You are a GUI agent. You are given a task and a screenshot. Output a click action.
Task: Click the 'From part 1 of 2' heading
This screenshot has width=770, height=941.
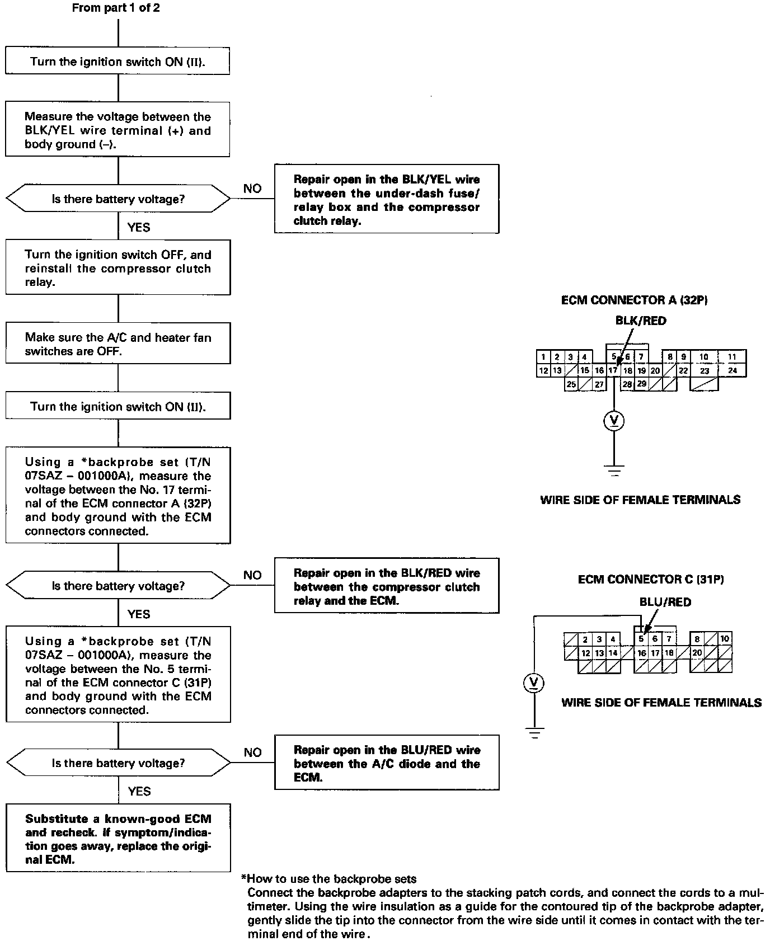(116, 8)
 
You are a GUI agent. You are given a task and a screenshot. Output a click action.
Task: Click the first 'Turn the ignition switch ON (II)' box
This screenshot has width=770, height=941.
(118, 61)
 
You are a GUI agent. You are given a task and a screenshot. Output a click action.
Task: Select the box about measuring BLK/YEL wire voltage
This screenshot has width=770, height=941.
(118, 130)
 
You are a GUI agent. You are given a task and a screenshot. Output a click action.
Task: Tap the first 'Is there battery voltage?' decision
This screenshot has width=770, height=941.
(118, 199)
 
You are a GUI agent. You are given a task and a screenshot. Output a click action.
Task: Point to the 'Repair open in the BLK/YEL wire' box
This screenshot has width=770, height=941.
(386, 199)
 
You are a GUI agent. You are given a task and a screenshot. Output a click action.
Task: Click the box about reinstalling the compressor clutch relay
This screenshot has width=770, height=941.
(118, 268)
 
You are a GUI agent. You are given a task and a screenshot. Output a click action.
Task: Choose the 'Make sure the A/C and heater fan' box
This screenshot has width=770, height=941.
(118, 344)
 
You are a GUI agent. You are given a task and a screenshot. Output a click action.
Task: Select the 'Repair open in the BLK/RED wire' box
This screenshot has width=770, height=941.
(386, 586)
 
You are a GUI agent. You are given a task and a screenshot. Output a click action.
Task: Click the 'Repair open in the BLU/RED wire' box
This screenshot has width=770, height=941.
(386, 763)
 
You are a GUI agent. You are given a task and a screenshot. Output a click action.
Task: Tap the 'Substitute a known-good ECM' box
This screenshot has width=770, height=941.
(118, 838)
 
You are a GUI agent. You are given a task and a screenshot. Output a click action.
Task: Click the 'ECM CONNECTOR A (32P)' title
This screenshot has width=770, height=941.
(634, 300)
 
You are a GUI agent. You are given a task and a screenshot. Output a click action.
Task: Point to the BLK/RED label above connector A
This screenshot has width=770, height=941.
(641, 321)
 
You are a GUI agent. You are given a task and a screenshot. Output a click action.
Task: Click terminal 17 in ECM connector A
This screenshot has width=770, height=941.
(613, 370)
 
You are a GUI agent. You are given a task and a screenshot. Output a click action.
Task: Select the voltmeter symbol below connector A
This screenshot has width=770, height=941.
(614, 421)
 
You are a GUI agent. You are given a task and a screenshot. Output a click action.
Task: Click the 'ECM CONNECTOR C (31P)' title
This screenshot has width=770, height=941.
(650, 579)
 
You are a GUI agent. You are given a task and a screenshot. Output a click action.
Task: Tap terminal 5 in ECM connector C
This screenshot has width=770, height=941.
(641, 639)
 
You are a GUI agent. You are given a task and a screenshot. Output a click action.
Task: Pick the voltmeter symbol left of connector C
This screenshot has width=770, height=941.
(534, 683)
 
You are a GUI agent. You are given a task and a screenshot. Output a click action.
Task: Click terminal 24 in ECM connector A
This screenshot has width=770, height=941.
(733, 370)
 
